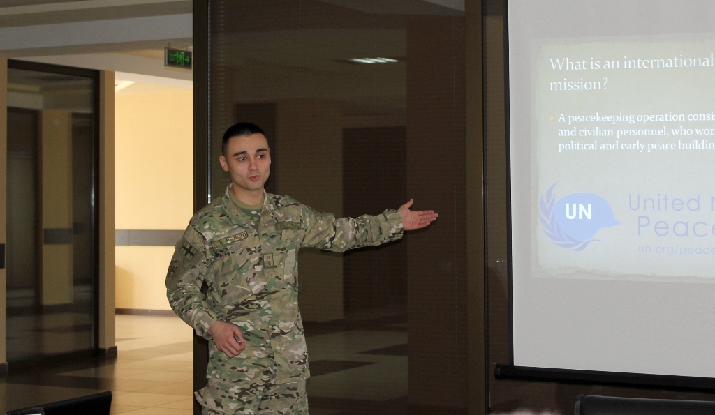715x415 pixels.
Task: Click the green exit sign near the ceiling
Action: pyautogui.click(x=178, y=57)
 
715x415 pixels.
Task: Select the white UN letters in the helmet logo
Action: pyautogui.click(x=578, y=211)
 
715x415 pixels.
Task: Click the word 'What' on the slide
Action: pyautogui.click(x=564, y=63)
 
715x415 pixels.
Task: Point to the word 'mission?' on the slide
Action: pyautogui.click(x=578, y=85)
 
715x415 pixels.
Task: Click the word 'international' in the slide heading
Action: pyautogui.click(x=668, y=63)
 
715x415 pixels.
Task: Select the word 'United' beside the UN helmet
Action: pyautogui.click(x=663, y=203)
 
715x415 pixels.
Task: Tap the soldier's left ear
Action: pyautogui.click(x=224, y=163)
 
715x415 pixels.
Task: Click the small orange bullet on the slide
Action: pyautogui.click(x=552, y=117)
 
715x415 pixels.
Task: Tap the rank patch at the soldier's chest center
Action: pyautogui.click(x=268, y=260)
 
